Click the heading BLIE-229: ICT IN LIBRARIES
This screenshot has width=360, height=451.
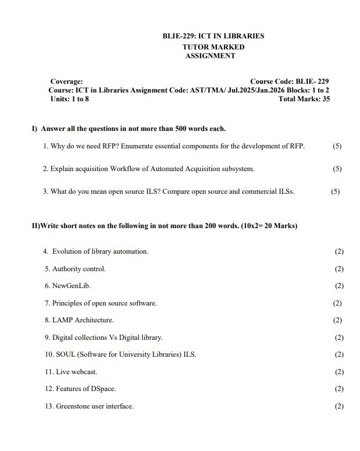coord(213,36)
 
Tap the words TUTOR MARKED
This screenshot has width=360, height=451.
coord(213,47)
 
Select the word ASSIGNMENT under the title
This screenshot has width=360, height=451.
coord(210,56)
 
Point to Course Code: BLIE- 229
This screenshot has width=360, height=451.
coord(290,81)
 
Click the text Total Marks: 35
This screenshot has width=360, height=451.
coord(304,100)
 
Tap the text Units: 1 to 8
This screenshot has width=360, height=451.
coord(70,100)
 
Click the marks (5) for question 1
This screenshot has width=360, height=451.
coord(337,146)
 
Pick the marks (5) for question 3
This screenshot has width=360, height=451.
coord(335,191)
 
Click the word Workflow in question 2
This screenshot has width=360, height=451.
coord(131,169)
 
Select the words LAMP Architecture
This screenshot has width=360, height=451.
coord(83,320)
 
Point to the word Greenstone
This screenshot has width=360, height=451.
coord(74,406)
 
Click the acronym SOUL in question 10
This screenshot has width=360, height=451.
coord(66,354)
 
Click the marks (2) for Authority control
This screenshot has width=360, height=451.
coord(339,269)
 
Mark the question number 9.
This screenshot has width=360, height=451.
coord(47,338)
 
